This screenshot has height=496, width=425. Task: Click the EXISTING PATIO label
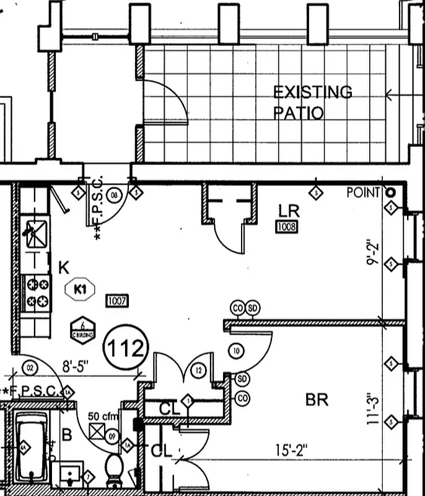point(312,103)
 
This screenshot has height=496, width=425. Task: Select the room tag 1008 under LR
point(287,227)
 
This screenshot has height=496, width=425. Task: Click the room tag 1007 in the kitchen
point(117,301)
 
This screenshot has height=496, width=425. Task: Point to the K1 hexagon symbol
point(79,289)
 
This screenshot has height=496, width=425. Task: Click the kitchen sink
point(35,232)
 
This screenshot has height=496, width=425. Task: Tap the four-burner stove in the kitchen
point(37,293)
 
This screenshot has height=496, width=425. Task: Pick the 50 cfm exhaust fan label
point(102,416)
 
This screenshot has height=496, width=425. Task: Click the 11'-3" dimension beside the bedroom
point(372,407)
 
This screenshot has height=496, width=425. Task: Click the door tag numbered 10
point(235,351)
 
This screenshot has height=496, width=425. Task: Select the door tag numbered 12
point(198,371)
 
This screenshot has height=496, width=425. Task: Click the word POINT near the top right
point(363,193)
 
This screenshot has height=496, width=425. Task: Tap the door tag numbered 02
point(30,369)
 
